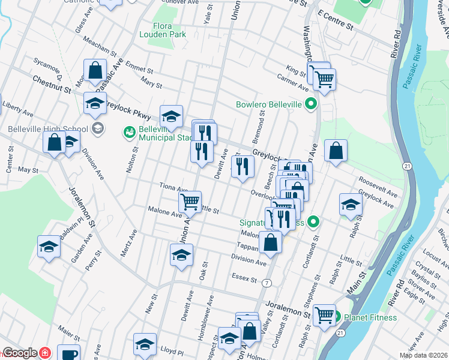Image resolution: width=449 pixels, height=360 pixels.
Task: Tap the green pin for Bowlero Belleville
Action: [x=310, y=104]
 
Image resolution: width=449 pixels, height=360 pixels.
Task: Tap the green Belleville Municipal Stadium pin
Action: [x=129, y=131]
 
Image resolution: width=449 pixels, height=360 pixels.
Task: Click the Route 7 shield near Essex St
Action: [x=266, y=282]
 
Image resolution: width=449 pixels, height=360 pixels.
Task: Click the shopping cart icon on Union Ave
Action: [x=190, y=201]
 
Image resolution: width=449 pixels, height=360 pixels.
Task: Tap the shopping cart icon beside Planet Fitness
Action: [x=324, y=313]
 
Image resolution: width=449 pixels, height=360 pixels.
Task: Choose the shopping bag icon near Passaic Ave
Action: [x=95, y=70]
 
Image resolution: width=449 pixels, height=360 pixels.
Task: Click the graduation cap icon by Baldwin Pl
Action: [x=49, y=246]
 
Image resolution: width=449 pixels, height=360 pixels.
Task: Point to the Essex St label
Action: [x=244, y=278]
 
